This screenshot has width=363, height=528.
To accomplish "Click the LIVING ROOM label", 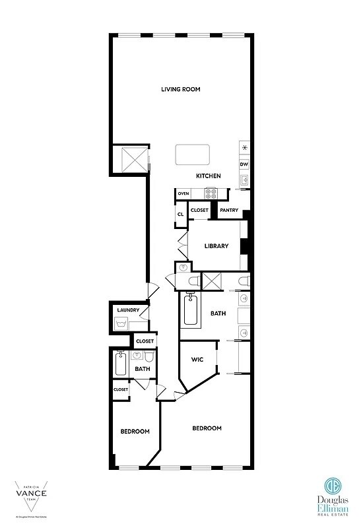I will click(x=180, y=89).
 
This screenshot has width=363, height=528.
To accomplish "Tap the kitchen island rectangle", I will click(x=192, y=155).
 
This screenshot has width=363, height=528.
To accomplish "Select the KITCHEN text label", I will click(x=208, y=176).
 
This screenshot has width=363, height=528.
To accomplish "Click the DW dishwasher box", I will click(x=244, y=164).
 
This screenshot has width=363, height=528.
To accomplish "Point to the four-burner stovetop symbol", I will click(x=211, y=193).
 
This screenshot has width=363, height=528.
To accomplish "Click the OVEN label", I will click(x=183, y=193).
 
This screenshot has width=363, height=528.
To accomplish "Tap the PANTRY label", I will click(x=228, y=211).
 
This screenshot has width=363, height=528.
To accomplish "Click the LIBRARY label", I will click(x=216, y=246).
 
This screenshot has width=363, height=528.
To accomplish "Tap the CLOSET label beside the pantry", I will click(x=199, y=211).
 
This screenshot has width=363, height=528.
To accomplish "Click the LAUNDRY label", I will click(x=127, y=310).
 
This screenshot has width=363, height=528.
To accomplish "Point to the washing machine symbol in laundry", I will click(x=121, y=323).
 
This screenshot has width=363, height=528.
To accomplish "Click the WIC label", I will click(x=196, y=360).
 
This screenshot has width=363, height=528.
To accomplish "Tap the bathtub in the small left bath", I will click(x=121, y=364).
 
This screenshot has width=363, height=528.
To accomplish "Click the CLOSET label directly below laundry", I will click(x=144, y=341).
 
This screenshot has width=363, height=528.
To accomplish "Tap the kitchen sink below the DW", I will click(x=244, y=180).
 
